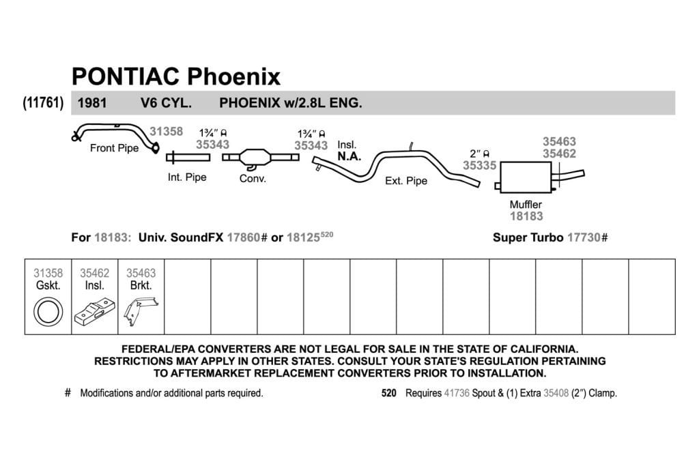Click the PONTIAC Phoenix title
point(176,76)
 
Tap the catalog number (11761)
point(43,103)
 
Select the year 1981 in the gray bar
point(92,103)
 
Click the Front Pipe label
point(114,148)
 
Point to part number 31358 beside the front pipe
point(167,132)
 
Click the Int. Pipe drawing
point(188,157)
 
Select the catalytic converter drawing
point(260,158)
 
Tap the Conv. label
point(253,179)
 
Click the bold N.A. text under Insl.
point(349,157)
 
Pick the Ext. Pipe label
point(406,181)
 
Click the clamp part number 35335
point(479,166)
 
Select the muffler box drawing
point(526,177)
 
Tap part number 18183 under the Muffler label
point(526,216)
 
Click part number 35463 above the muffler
point(559,142)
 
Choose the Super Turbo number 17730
point(584,237)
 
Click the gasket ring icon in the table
point(48,312)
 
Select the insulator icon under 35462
point(94,311)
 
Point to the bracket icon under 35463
point(141,311)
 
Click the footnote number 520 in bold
point(388,394)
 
